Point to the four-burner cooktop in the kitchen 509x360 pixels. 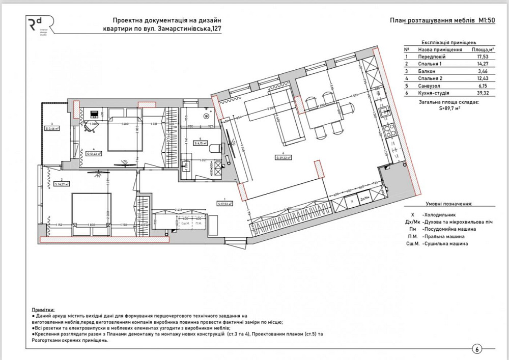(x=386, y=131)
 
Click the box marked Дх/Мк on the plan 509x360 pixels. (x=364, y=200)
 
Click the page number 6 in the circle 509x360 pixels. (x=477, y=349)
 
